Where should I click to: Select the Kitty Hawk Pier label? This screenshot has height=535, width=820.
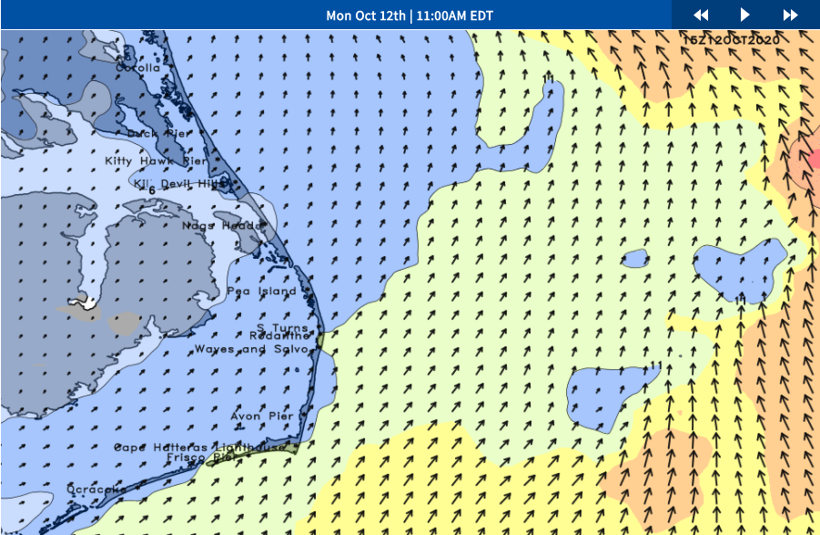157,161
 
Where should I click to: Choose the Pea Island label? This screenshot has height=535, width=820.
262,292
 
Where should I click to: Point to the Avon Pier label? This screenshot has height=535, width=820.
262,417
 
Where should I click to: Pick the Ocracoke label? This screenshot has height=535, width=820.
96,490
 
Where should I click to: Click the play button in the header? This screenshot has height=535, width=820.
745,15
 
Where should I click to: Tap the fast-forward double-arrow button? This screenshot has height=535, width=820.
790,15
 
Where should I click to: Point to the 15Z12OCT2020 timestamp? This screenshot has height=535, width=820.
731,40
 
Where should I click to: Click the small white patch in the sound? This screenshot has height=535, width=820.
88,304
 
